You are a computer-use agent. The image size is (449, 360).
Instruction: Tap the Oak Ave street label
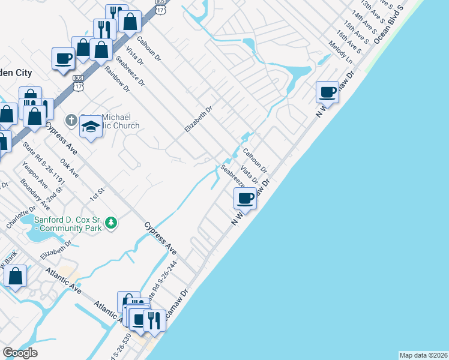pos(70,163)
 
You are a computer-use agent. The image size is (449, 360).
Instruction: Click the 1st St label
pos(97,192)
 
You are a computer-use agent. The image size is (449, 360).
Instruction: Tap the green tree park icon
pos(110,223)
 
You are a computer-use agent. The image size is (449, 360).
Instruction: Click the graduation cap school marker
pos(91,127)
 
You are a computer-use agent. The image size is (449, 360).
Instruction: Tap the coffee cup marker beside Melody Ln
pos(328,92)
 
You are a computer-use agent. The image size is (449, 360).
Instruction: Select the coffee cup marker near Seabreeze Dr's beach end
pos(245,197)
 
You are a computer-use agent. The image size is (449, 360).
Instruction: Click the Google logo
pos(20,353)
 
